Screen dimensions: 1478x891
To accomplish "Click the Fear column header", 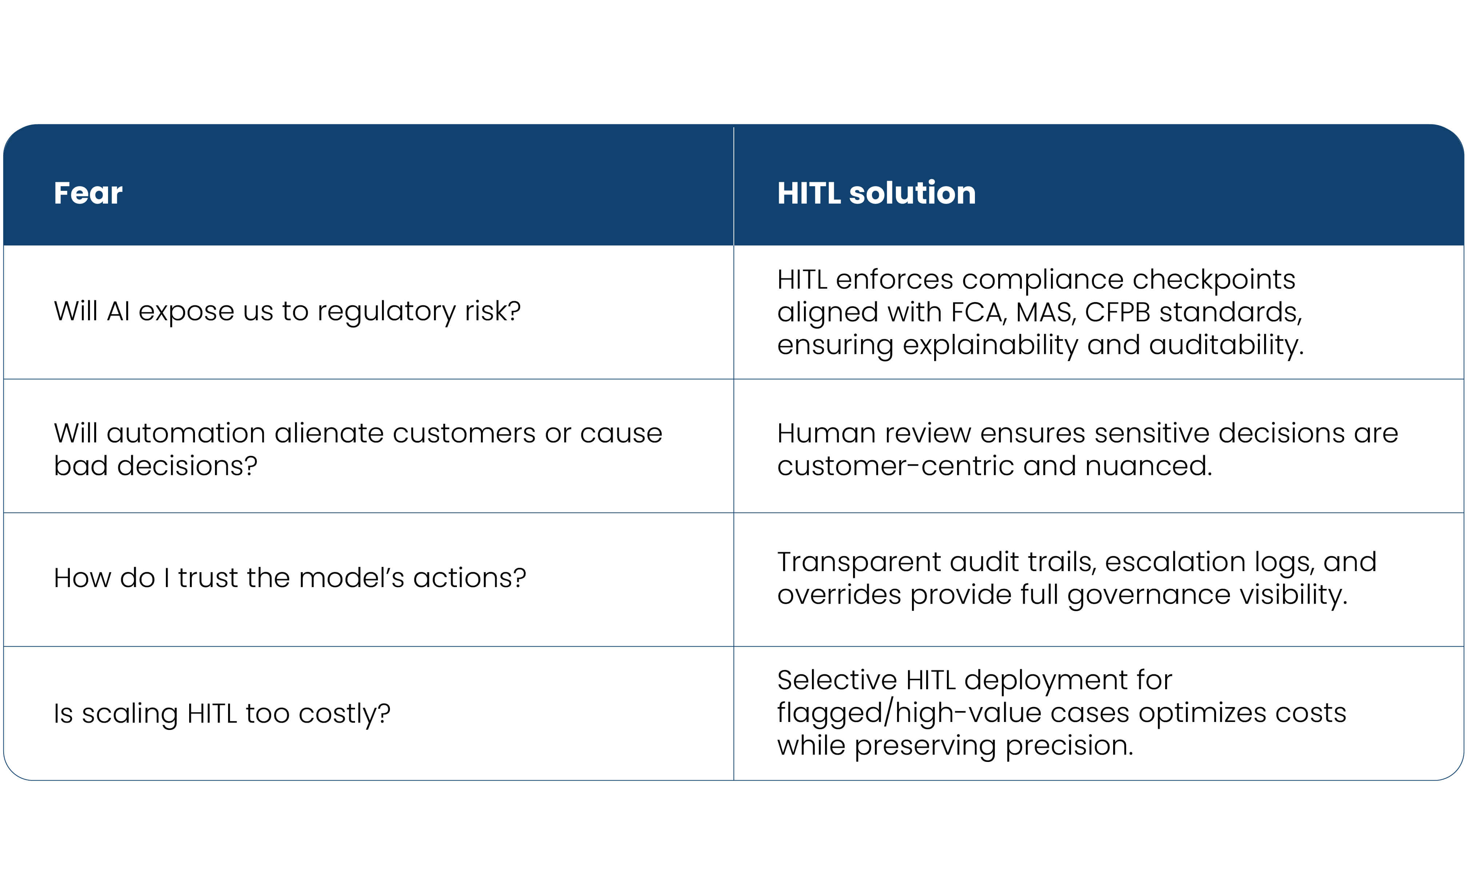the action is (x=88, y=193).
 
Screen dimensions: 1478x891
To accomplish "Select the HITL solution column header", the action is (x=876, y=193).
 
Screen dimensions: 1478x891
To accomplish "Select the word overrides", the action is (x=839, y=595).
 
